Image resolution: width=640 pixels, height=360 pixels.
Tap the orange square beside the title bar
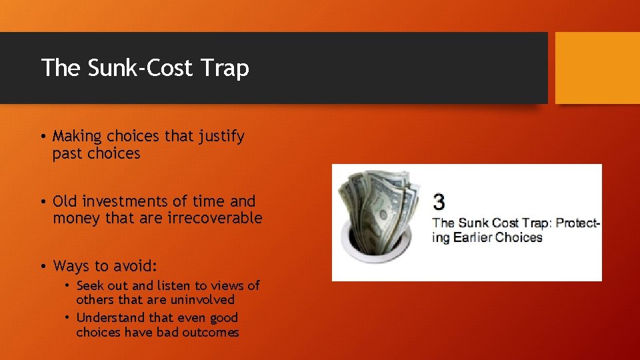[597, 68]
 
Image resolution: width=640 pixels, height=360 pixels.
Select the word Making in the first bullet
[77, 137]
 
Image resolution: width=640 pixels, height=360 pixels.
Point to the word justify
[221, 137]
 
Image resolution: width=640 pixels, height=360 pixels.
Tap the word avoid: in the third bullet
[137, 267]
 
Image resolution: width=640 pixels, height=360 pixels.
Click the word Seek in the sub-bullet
[89, 285]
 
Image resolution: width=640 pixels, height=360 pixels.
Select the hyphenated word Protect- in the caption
[577, 223]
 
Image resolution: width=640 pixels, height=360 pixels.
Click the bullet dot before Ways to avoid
[42, 267]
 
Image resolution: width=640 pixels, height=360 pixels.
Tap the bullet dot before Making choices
[42, 137]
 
